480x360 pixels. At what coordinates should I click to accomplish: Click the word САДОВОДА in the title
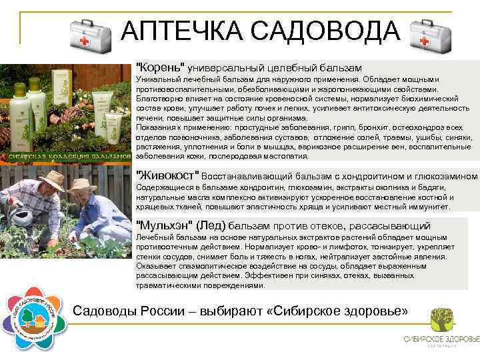(319, 31)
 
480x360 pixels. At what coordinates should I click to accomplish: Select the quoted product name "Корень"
(160, 68)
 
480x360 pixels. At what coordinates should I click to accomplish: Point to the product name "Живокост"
(167, 175)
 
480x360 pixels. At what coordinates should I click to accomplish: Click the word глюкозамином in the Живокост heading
(446, 176)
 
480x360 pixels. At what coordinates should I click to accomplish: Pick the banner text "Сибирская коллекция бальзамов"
(67, 157)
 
